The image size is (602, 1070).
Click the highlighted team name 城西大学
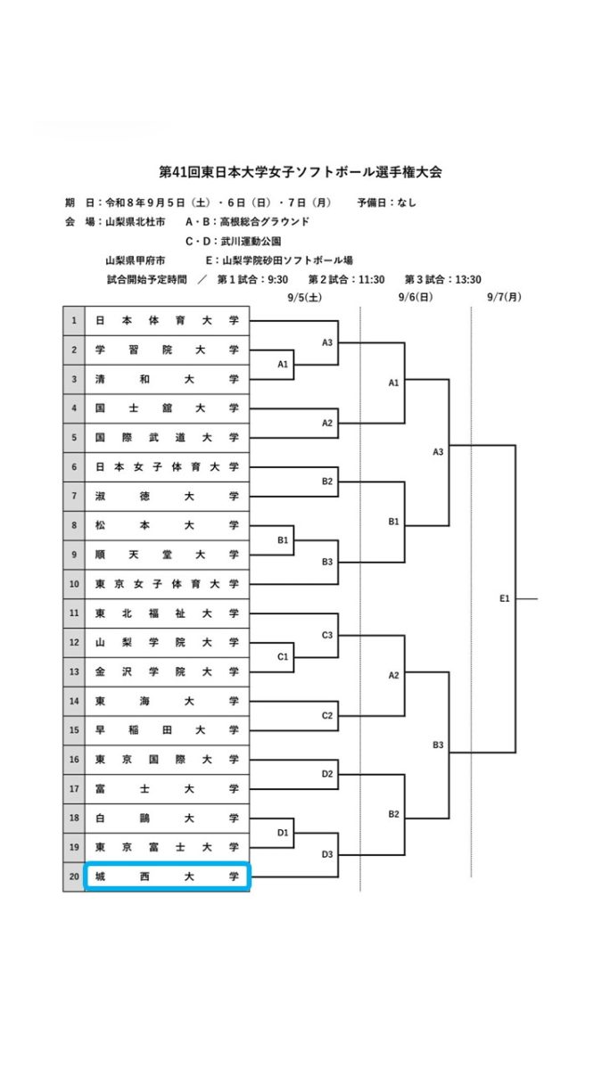[x=167, y=877]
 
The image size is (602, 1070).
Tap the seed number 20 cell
[x=74, y=877]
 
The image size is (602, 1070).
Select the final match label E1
[x=505, y=598]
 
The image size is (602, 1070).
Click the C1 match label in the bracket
[x=283, y=657]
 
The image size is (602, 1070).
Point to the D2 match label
[x=327, y=774]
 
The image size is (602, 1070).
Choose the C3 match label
[x=327, y=635]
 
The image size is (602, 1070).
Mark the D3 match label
[x=327, y=854]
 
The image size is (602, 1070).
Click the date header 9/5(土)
[x=305, y=297]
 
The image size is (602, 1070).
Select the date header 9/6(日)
[x=416, y=297]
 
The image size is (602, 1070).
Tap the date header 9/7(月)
[x=504, y=297]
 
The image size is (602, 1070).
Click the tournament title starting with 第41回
[x=301, y=172]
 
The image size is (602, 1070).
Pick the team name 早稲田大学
[x=167, y=730]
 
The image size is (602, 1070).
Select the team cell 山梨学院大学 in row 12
[x=167, y=643]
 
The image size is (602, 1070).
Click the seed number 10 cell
[x=74, y=584]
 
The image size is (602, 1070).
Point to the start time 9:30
[x=277, y=279]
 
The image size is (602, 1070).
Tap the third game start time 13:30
[x=467, y=279]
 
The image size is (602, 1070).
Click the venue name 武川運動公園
[x=251, y=242]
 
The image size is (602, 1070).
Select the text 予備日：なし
[x=386, y=202]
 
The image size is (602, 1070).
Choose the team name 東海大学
[x=167, y=701]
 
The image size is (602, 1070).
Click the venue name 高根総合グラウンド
[x=264, y=222]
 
